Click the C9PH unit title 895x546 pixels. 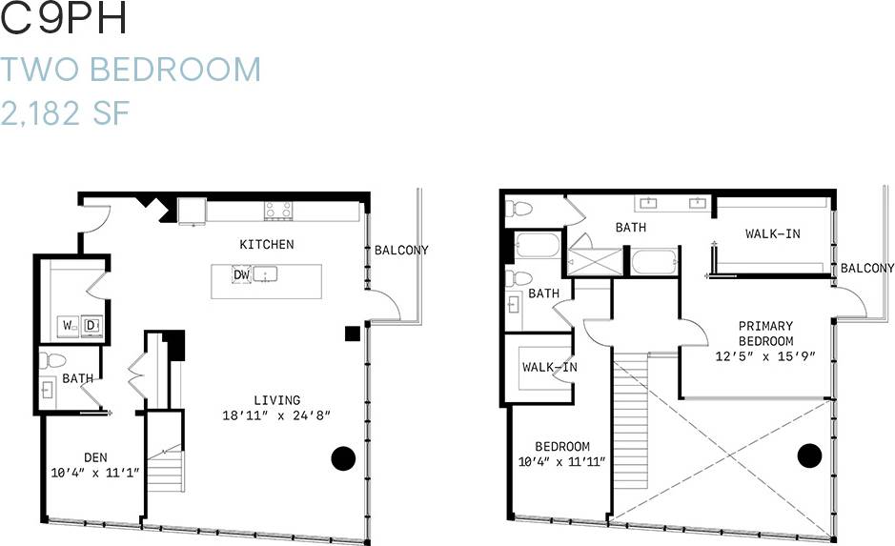65,21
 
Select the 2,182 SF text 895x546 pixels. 65,114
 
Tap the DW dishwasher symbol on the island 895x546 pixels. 241,275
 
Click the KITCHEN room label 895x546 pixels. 266,245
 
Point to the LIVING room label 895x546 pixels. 276,400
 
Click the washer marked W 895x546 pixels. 70,326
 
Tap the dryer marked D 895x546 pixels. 92,326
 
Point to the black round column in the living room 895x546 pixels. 344,457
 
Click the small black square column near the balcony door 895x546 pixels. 353,333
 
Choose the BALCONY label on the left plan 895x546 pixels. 400,251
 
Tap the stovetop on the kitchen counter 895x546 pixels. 277,210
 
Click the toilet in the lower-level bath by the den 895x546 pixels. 53,361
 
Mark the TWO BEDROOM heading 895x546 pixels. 131,70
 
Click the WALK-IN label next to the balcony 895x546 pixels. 772,233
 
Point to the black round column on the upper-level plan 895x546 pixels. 809,455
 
